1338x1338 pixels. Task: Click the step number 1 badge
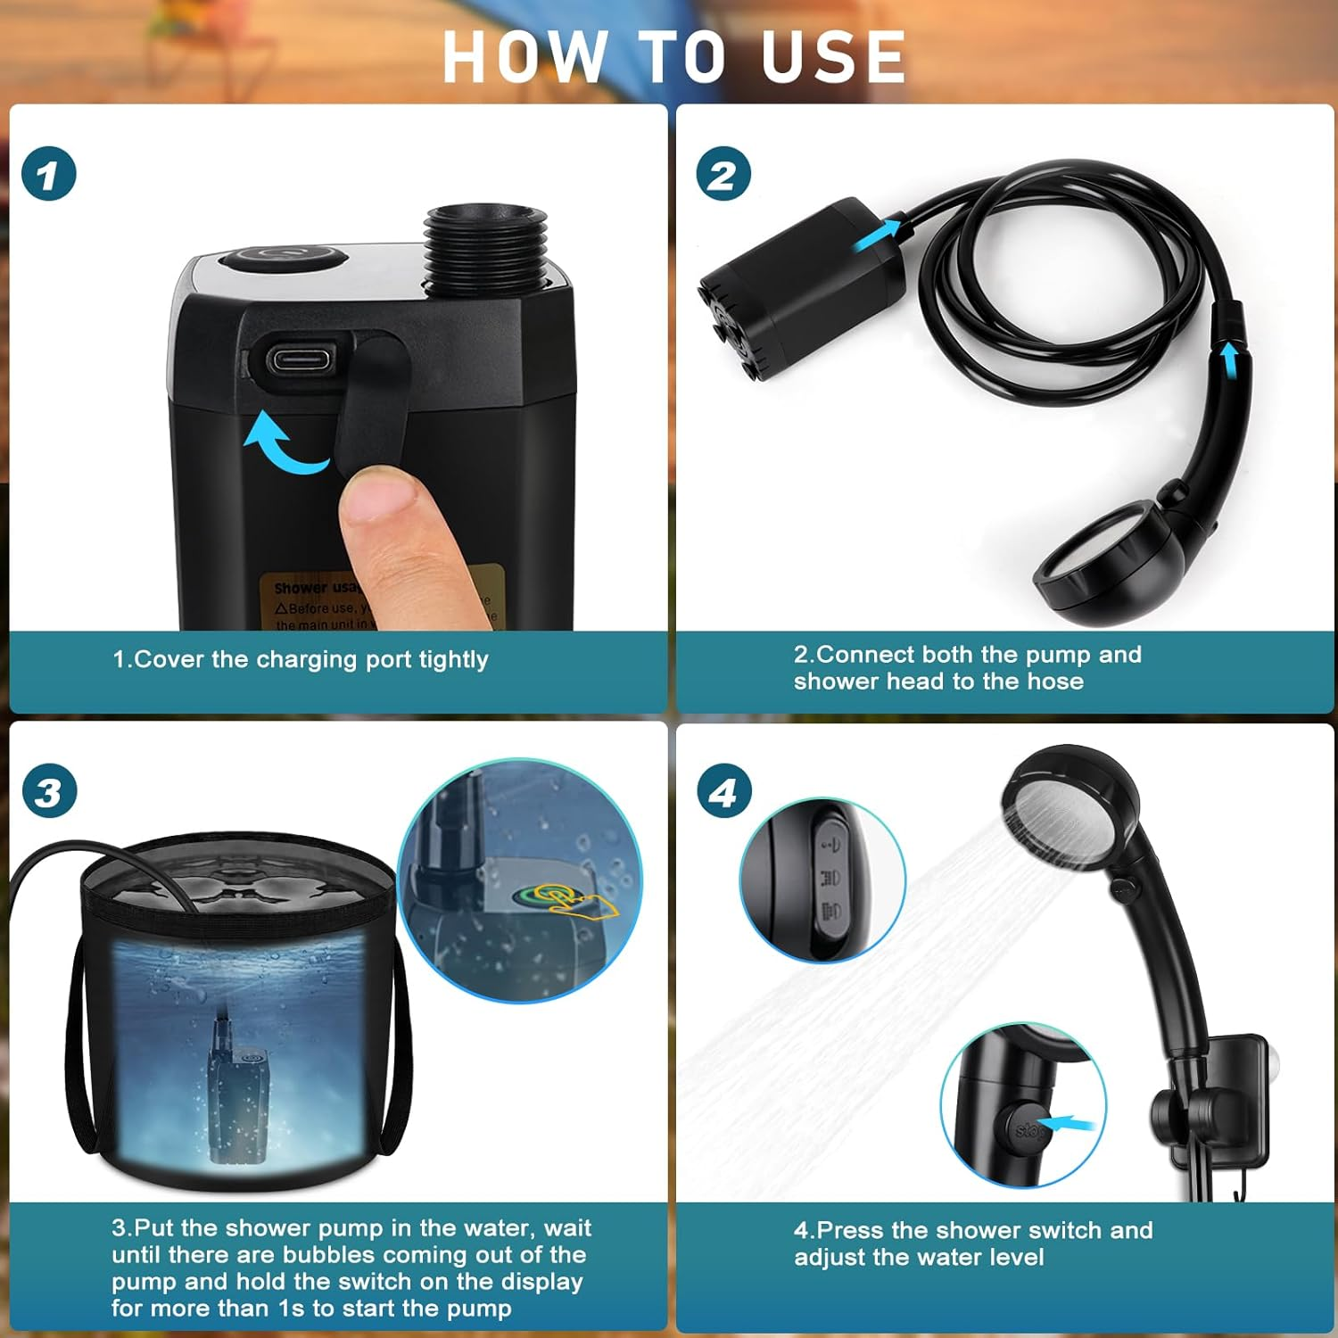[x=49, y=173]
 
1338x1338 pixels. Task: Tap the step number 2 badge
[x=723, y=173]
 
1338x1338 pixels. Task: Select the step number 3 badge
[x=49, y=791]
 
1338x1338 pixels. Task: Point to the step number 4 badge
[x=723, y=791]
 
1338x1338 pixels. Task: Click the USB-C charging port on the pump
[x=301, y=360]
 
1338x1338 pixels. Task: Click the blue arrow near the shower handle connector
[x=1230, y=361]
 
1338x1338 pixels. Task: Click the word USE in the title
[x=833, y=57]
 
